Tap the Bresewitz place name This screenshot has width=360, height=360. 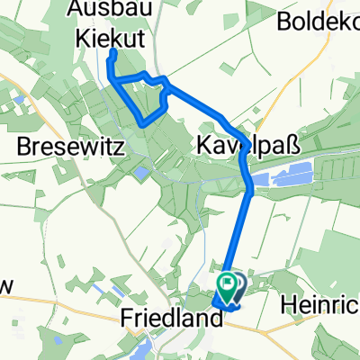click(59, 144)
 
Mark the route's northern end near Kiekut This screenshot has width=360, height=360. click(112, 55)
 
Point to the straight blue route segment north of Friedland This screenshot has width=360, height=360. click(241, 234)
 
